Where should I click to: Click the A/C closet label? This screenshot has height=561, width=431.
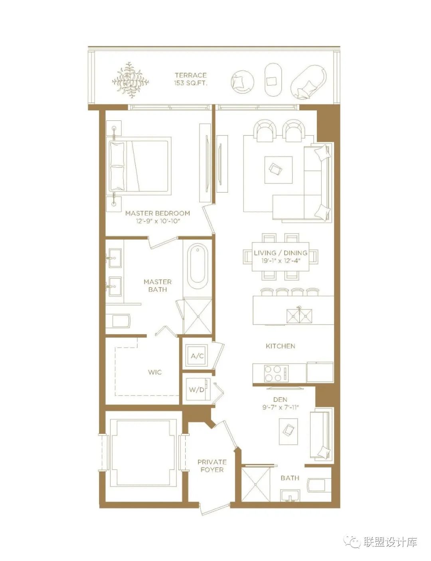point(197,356)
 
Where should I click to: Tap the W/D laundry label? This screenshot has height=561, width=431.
point(196,390)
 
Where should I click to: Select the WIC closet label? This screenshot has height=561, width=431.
point(155,372)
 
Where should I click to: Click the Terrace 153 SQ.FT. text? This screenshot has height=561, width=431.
point(191,79)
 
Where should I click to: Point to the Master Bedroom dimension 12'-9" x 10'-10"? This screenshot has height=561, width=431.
point(158,221)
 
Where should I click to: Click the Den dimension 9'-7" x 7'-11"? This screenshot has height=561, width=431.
point(281,407)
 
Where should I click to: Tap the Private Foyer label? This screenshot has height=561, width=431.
point(212,466)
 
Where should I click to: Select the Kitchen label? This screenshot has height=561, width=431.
point(281,346)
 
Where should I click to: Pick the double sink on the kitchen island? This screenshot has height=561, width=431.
point(299,316)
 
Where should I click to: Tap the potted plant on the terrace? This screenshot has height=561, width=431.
point(130,80)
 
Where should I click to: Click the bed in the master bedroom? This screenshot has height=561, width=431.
point(140,164)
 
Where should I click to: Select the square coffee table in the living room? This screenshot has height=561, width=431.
point(278,170)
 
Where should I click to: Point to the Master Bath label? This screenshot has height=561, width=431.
point(158,285)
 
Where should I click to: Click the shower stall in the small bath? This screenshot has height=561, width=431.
point(255,484)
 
